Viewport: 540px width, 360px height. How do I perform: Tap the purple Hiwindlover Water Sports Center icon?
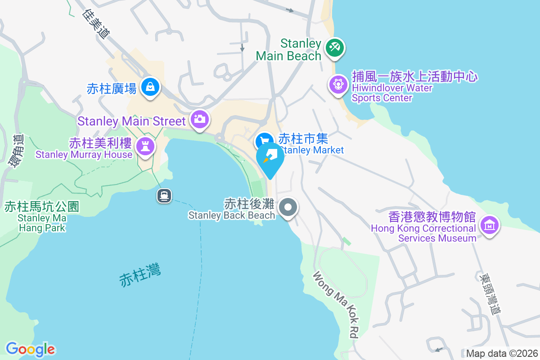337,84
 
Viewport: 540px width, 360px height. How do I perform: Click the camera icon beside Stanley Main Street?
198,119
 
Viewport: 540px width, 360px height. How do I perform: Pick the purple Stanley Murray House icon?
145,146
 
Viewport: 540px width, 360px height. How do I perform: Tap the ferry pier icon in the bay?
163,195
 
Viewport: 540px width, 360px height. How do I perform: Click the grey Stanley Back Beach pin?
288,208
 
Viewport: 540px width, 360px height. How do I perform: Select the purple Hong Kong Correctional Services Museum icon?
489,225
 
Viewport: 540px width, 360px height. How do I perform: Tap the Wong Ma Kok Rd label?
337,304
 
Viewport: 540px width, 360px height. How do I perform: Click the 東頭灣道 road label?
490,294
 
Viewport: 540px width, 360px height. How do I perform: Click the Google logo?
30,349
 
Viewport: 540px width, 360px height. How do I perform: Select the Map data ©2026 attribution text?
501,353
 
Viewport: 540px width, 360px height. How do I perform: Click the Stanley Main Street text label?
131,121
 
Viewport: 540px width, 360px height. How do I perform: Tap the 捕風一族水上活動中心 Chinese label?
414,76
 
